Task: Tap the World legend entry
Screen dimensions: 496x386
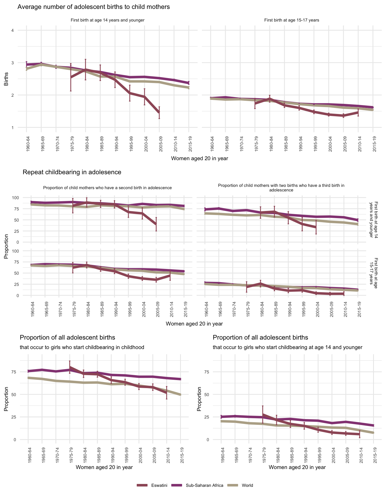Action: tap(247, 485)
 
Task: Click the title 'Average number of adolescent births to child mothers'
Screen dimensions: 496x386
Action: tap(94, 7)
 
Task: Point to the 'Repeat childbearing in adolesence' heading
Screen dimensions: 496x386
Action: tap(72, 172)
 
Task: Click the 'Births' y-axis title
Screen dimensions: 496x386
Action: tap(6, 79)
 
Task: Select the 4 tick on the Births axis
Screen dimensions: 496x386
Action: tap(13, 30)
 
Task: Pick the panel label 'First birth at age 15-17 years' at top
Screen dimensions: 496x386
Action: tap(292, 20)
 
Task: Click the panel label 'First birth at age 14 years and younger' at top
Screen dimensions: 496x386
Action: tap(107, 20)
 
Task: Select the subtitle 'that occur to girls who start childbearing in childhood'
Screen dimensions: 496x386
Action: tap(82, 347)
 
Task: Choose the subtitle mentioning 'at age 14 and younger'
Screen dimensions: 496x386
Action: tap(287, 347)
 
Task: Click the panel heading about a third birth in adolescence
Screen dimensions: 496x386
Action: tap(281, 188)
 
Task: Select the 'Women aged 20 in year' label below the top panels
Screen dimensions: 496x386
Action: tap(199, 158)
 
